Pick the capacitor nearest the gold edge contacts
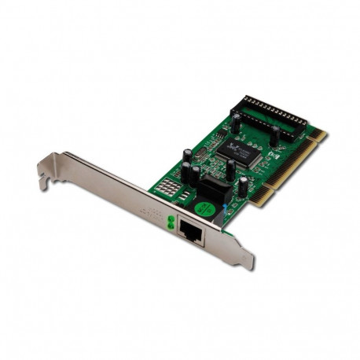tap(244, 186)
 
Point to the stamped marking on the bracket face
tap(149, 209)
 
